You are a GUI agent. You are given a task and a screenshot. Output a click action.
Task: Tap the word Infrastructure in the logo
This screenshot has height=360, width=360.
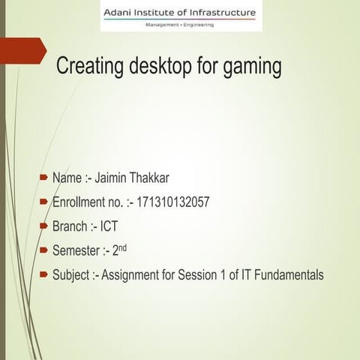point(223,12)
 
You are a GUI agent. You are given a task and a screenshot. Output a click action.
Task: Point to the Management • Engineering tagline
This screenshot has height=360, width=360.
point(179,25)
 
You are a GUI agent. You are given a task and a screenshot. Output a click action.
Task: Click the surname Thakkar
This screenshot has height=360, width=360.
point(153,178)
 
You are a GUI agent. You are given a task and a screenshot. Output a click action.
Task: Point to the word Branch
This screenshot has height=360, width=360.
point(70,226)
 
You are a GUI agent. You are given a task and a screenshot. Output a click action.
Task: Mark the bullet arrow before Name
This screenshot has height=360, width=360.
point(43,178)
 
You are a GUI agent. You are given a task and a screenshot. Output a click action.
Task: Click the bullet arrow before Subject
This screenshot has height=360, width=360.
point(43,274)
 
